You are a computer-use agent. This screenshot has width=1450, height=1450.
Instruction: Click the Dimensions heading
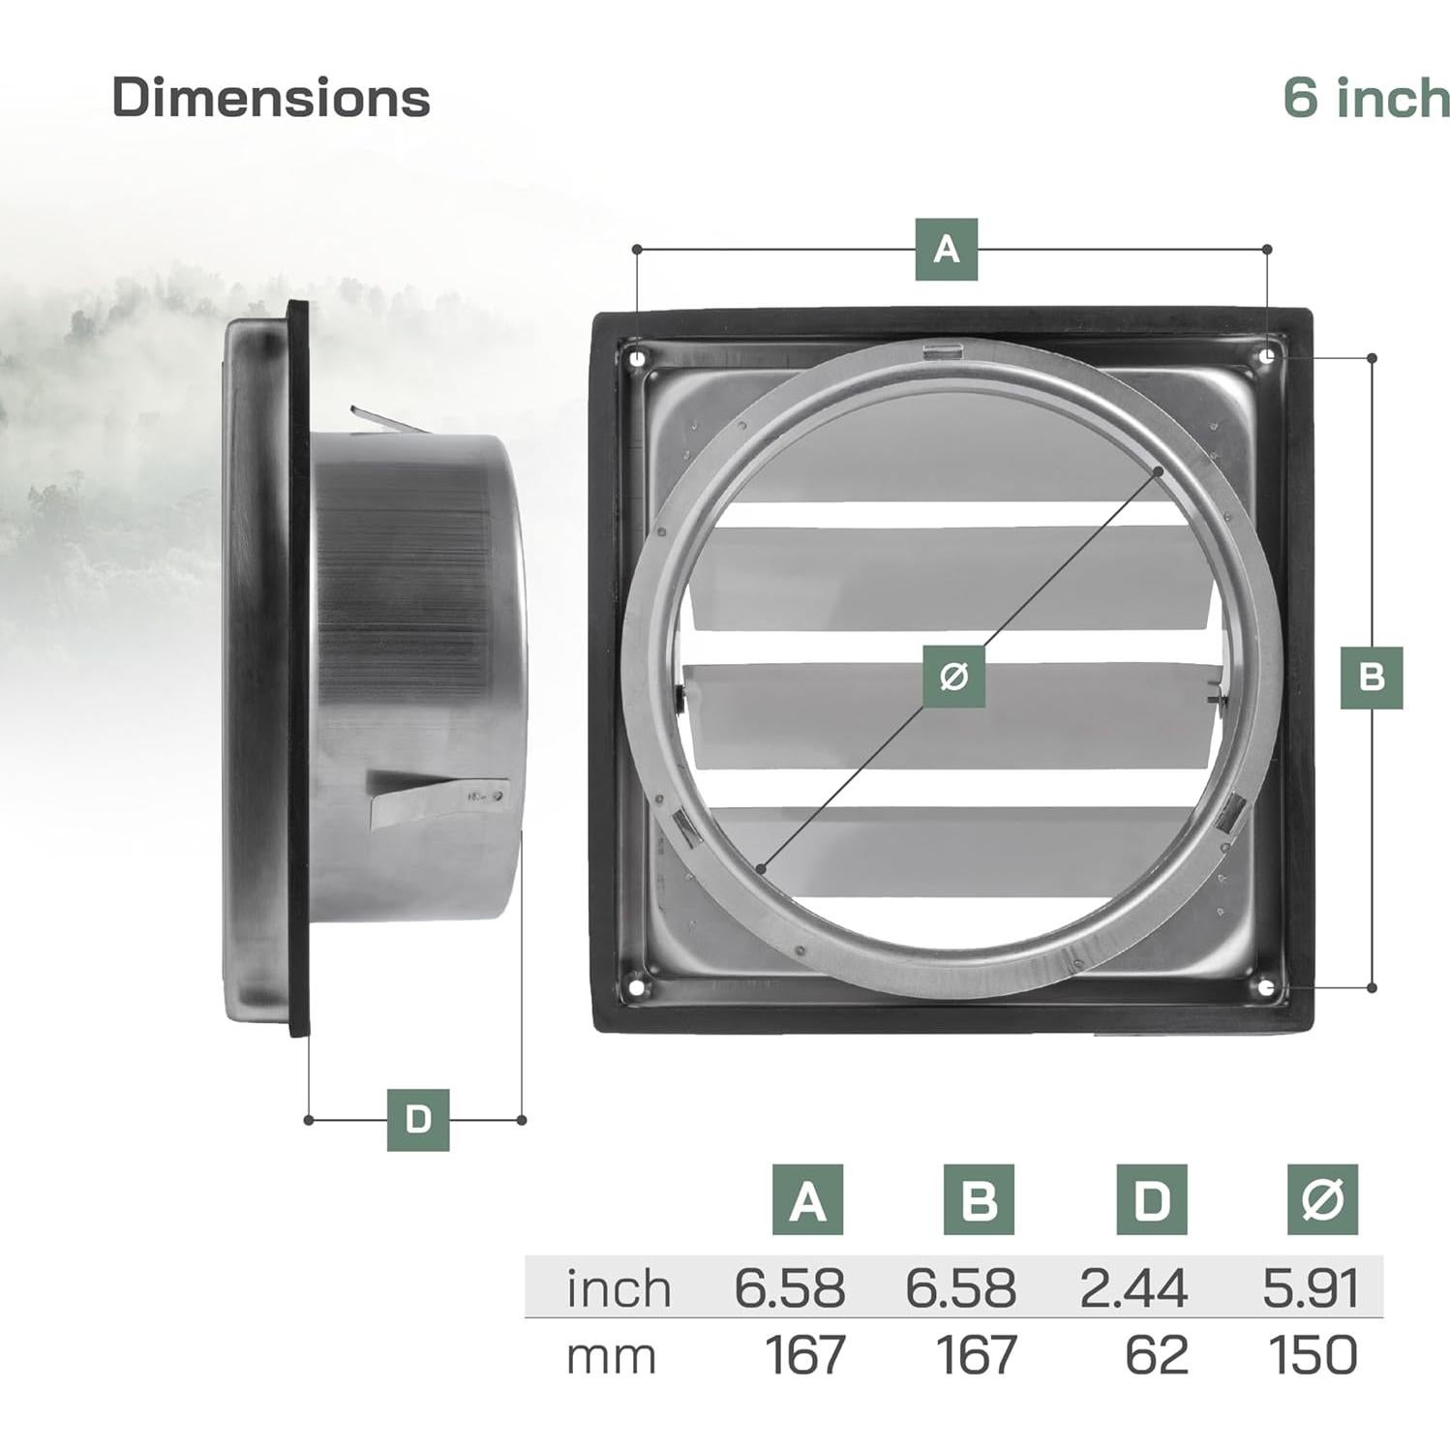tap(271, 98)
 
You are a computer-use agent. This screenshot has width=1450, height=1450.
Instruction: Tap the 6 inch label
tap(1366, 98)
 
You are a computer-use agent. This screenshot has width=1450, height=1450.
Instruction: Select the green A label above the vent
tap(946, 250)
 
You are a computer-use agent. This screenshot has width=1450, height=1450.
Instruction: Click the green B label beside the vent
tap(1371, 677)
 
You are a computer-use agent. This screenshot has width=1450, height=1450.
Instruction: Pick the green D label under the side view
tap(417, 1120)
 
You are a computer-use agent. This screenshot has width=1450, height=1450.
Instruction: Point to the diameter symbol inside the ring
tap(953, 676)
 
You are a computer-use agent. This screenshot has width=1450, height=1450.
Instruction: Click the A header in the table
tap(807, 1200)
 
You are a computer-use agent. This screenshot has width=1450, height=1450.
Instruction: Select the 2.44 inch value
tap(1133, 1288)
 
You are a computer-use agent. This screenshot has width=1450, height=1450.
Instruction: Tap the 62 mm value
tap(1156, 1355)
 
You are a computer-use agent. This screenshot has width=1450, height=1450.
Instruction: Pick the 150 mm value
tap(1313, 1355)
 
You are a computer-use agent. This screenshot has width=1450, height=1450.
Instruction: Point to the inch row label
tap(619, 1288)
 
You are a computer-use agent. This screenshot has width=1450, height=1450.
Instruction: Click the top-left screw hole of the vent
tap(636, 359)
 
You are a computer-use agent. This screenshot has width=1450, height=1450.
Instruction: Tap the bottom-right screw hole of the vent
tap(1267, 986)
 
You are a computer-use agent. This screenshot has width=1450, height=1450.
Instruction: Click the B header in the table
tap(979, 1200)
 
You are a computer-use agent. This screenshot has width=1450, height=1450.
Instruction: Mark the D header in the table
tap(1151, 1200)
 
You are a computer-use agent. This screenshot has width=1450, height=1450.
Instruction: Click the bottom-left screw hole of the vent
tap(636, 986)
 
